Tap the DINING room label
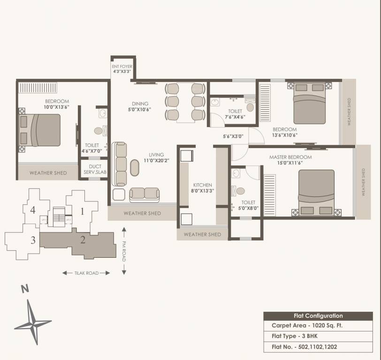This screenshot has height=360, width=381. coord(140,104)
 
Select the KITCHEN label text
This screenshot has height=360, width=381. coord(202,185)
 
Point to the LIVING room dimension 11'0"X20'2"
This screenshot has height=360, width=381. coord(156,161)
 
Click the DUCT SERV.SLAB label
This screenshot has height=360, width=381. coord(95,170)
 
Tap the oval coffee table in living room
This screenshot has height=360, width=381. coord(135,168)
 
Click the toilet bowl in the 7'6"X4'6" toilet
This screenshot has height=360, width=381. coord(250,107)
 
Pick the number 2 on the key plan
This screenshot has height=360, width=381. coord(83,240)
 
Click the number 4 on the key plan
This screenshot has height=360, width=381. coord(33,210)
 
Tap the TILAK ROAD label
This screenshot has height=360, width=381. coord(86,273)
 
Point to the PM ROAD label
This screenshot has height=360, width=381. coord(124,251)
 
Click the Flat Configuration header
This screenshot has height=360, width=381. coord(318,316)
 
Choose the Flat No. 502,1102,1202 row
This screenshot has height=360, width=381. coord(304,347)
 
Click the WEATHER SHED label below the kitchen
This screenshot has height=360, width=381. coord(202,234)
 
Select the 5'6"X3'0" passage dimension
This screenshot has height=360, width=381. coord(233,136)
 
